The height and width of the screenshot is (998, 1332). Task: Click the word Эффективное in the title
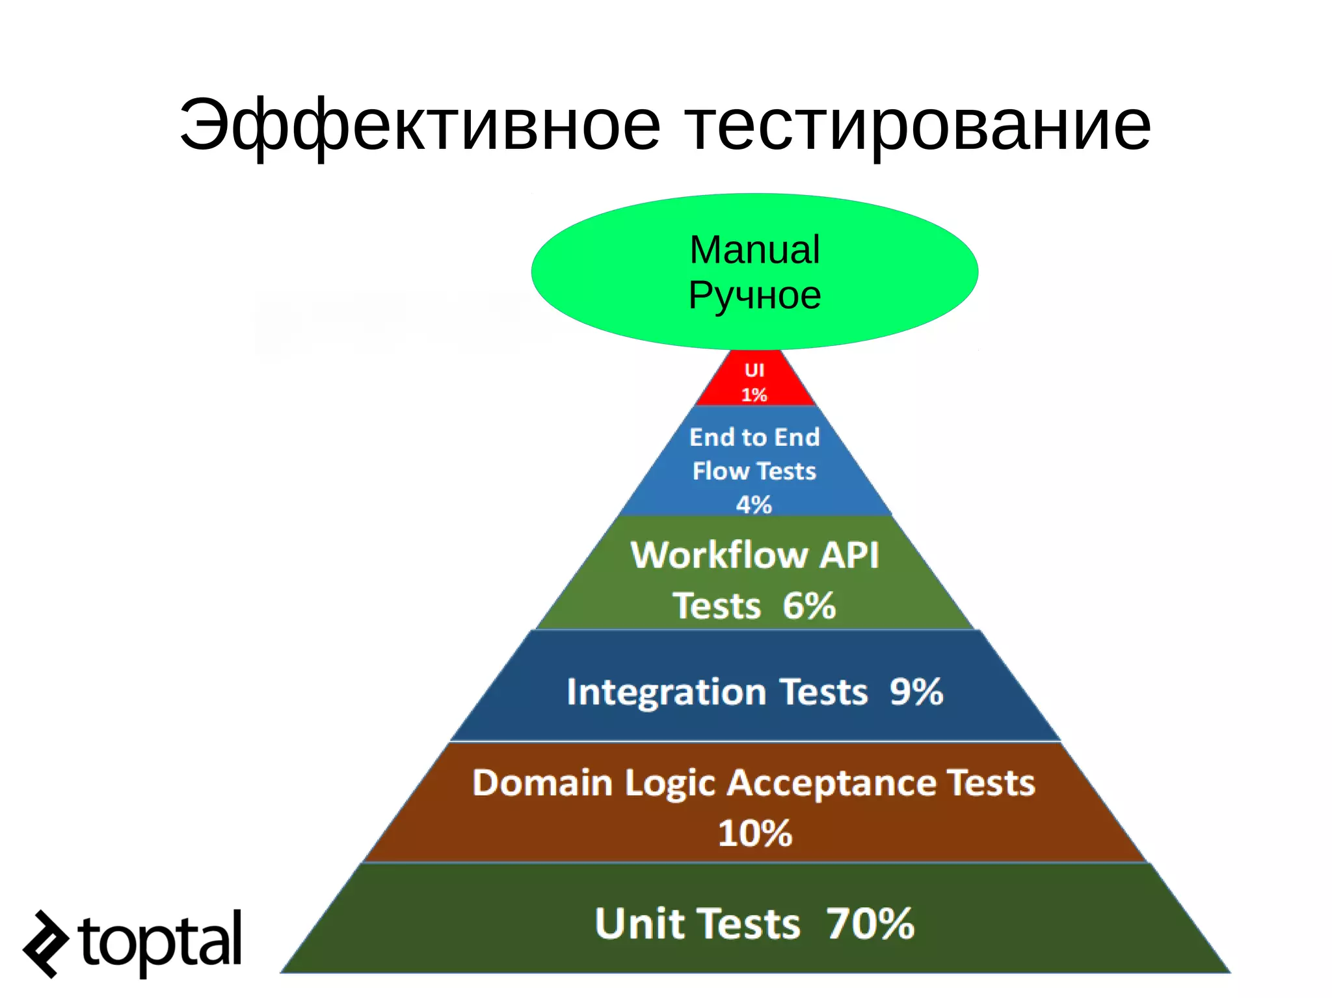coord(420,125)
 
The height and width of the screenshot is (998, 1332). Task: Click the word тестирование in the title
coord(918,125)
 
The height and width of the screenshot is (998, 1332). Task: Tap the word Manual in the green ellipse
coord(754,250)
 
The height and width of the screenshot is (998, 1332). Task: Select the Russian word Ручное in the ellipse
coord(754,296)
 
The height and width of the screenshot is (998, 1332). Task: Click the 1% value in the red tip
coord(754,395)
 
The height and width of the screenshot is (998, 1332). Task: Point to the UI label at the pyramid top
coord(754,370)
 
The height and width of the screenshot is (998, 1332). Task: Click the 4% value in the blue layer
coord(754,505)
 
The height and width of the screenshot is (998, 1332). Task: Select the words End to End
coord(754,437)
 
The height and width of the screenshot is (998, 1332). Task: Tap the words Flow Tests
coord(754,471)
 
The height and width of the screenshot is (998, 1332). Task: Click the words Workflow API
coord(754,555)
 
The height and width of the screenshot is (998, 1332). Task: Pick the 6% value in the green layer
coord(809,606)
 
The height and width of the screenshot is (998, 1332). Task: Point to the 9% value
coord(916,692)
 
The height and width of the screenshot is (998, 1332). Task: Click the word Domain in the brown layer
coord(542,783)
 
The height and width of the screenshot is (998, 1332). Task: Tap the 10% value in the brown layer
coord(754,834)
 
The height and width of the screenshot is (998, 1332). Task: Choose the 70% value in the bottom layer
coord(870,923)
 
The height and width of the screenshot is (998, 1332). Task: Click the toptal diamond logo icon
coord(46,944)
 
